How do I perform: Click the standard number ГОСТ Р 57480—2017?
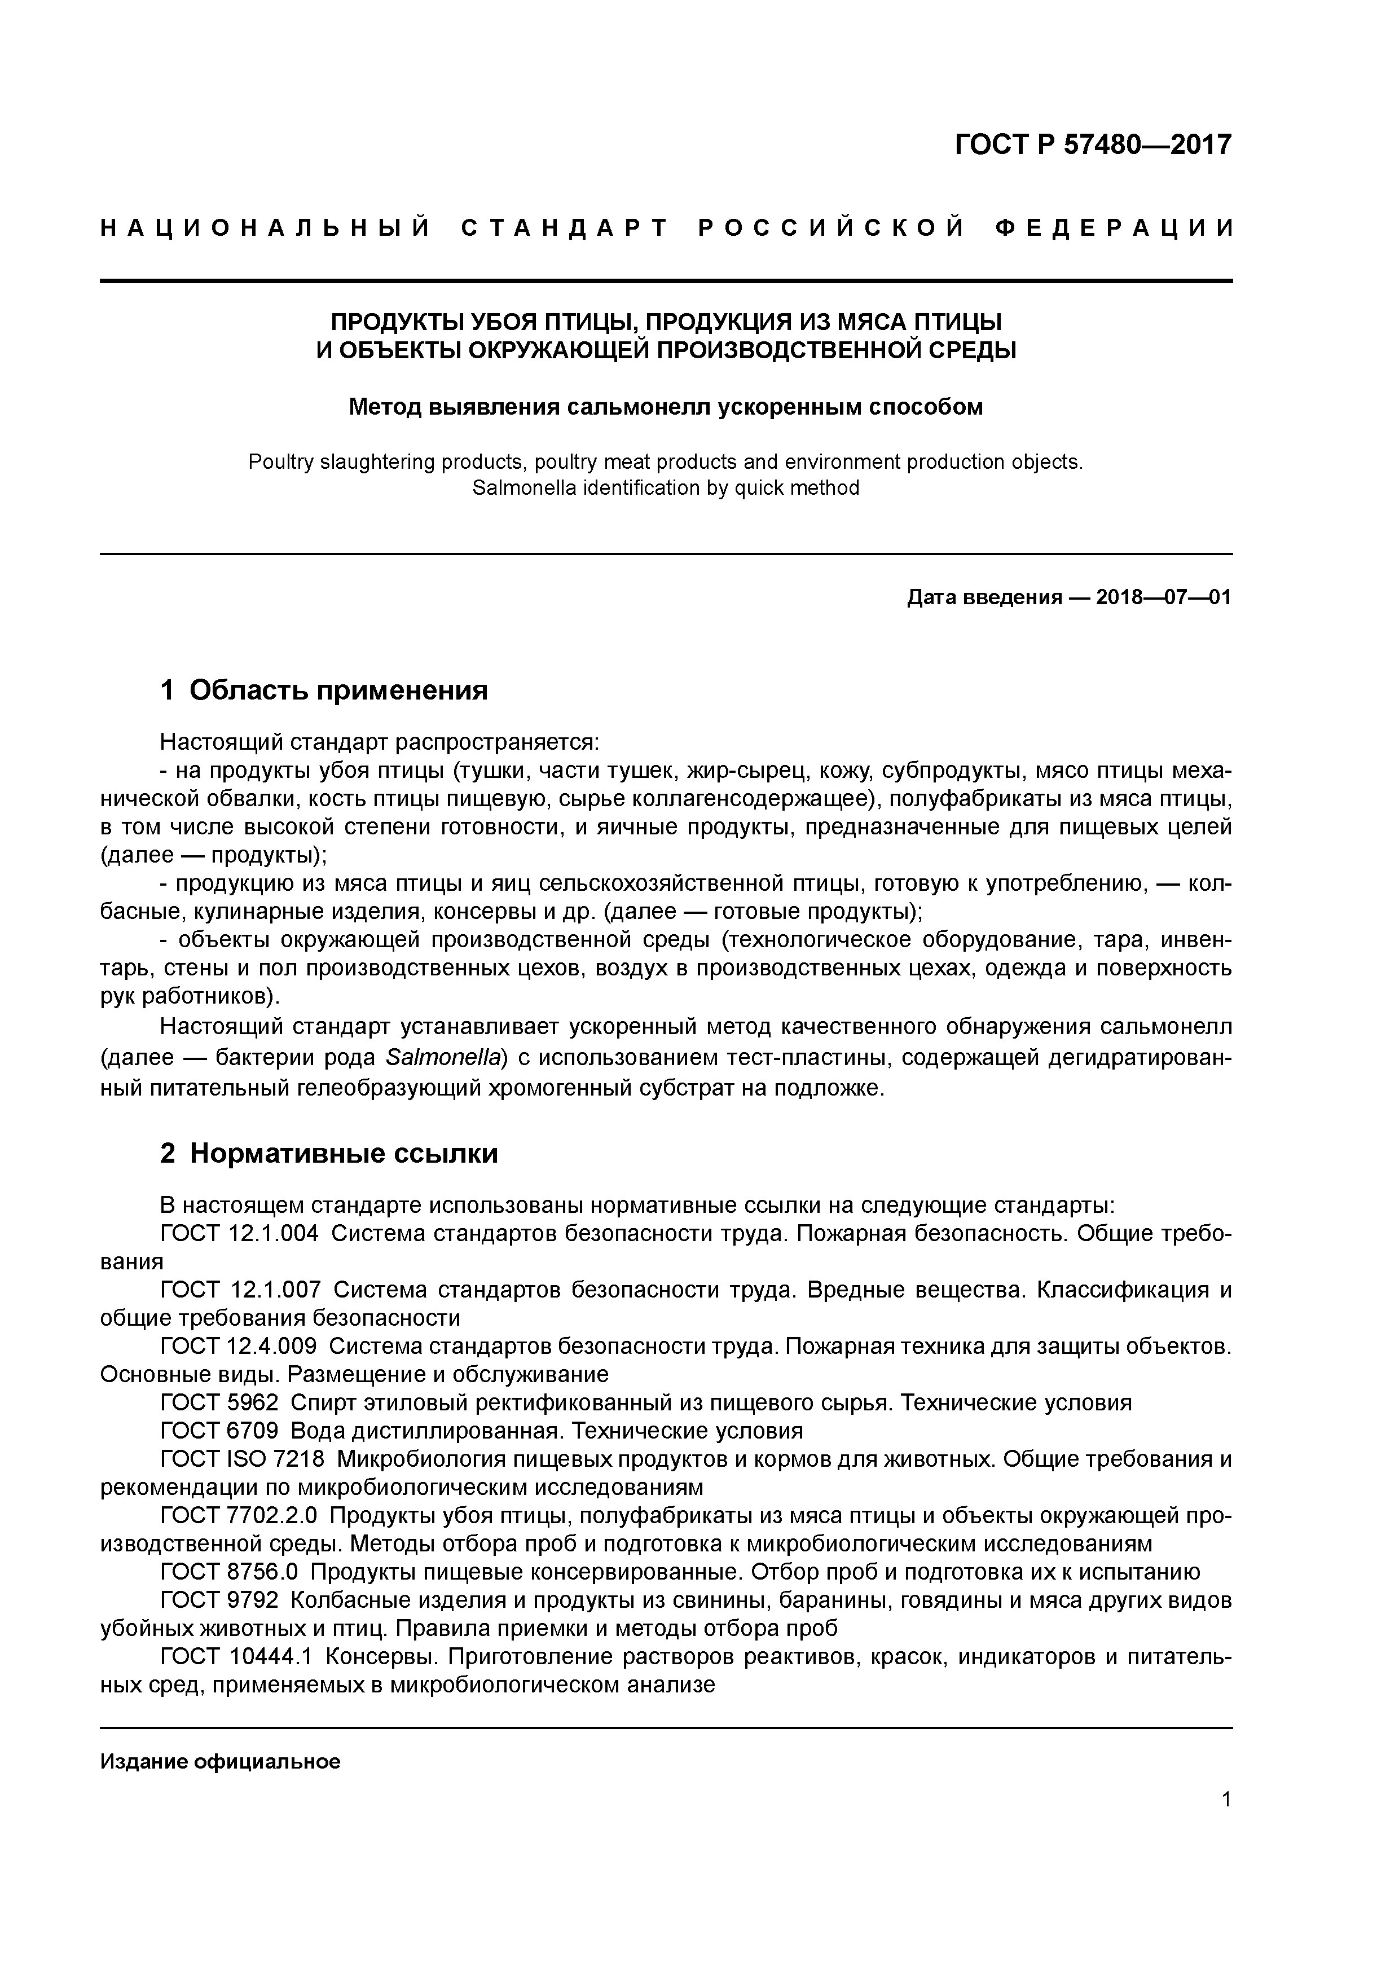click(x=1093, y=145)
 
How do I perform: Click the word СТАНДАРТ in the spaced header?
click(x=565, y=228)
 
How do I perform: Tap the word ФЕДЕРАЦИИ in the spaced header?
click(x=1114, y=228)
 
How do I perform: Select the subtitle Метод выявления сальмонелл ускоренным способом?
click(x=666, y=407)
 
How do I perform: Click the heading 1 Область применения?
click(x=324, y=691)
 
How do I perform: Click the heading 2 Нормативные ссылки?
click(x=329, y=1153)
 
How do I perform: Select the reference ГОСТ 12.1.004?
click(x=239, y=1234)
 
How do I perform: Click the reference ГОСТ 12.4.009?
click(x=238, y=1347)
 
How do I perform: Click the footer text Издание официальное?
click(x=220, y=1762)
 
